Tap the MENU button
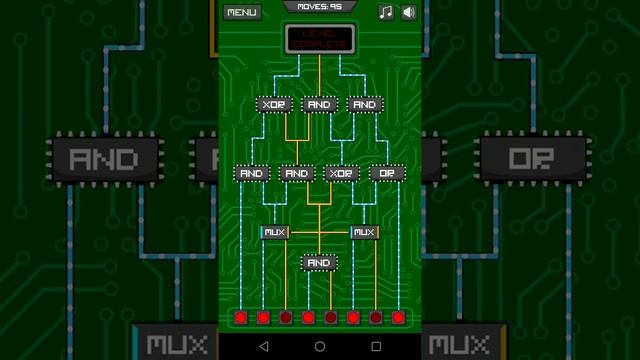pyautogui.click(x=241, y=12)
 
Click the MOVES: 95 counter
pyautogui.click(x=319, y=6)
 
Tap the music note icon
pyautogui.click(x=386, y=12)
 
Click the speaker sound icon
pyautogui.click(x=408, y=12)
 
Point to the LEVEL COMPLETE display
pyautogui.click(x=319, y=39)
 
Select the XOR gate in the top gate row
pyautogui.click(x=274, y=104)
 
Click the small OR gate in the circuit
pyautogui.click(x=387, y=173)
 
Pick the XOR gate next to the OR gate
pyautogui.click(x=342, y=173)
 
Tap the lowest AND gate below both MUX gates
pyautogui.click(x=319, y=263)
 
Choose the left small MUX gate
pyautogui.click(x=275, y=232)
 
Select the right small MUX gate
pyautogui.click(x=364, y=232)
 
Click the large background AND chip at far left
pyautogui.click(x=106, y=159)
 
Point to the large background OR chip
pyautogui.click(x=532, y=159)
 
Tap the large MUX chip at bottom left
pyautogui.click(x=175, y=345)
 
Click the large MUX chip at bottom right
pyautogui.click(x=464, y=345)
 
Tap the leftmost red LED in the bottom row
pyautogui.click(x=240, y=318)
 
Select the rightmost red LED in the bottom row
pyautogui.click(x=398, y=318)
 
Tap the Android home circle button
pyautogui.click(x=320, y=346)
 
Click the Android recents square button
pyautogui.click(x=376, y=346)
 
